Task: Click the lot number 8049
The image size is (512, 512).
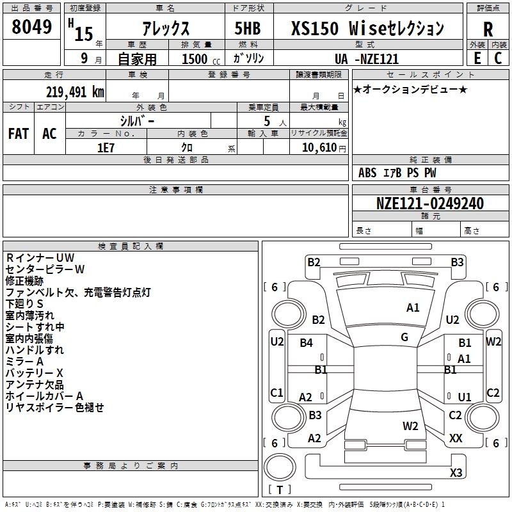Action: tap(31, 26)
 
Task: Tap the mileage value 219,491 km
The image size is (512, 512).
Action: tap(75, 92)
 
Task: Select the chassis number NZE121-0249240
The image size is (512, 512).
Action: tap(430, 204)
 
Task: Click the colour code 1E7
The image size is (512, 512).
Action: tap(106, 148)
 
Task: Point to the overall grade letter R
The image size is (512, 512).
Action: tap(488, 29)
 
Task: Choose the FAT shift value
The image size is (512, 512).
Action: tap(19, 134)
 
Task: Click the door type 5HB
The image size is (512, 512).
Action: tap(248, 28)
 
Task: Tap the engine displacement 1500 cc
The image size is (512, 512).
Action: tap(201, 59)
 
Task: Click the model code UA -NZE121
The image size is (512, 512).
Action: tap(367, 59)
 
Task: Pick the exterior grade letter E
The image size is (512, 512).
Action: tap(477, 58)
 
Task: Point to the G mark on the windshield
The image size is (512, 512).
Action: tap(404, 337)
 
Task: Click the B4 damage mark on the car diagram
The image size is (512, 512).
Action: tap(307, 342)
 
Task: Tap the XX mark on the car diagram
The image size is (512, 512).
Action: tap(456, 438)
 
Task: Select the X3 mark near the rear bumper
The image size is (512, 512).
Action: tap(456, 472)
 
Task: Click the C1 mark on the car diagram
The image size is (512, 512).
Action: tap(276, 392)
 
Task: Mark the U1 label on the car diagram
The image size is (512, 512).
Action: tap(465, 397)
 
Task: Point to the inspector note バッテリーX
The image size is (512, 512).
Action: tap(35, 373)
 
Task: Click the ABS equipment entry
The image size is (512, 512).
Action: tap(367, 173)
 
